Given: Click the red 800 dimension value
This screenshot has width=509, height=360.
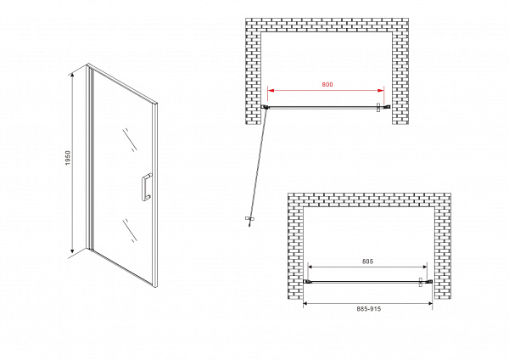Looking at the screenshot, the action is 327,84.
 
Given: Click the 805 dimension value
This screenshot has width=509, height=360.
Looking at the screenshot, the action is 368,262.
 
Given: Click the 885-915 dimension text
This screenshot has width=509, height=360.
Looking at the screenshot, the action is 369,309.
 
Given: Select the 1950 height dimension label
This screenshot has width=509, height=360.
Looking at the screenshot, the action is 68,158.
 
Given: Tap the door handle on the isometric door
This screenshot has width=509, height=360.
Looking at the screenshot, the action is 146,188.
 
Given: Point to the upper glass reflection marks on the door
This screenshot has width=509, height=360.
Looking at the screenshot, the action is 130,140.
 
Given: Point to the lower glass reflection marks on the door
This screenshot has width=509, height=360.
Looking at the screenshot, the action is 130,231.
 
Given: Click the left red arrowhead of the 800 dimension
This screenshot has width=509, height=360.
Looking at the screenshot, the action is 271,91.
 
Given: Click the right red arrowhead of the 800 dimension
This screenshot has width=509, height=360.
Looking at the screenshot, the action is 380,91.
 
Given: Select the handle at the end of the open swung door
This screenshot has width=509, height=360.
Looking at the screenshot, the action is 249,220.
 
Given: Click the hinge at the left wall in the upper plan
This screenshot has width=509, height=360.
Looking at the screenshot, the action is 265,107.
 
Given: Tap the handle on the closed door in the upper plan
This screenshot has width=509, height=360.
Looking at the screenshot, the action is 378,108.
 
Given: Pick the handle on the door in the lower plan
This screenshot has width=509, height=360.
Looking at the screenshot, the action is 421,282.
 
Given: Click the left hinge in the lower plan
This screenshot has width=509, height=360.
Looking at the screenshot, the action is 307,281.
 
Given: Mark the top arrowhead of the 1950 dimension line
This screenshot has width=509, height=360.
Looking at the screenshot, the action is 72,75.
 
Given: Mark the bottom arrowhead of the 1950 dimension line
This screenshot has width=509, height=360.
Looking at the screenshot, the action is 72,250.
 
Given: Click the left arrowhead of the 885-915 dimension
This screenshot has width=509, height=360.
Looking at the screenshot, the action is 306,303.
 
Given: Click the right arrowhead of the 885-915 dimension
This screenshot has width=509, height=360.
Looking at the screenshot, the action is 429,303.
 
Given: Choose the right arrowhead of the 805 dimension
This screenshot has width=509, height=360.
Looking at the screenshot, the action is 424,267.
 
